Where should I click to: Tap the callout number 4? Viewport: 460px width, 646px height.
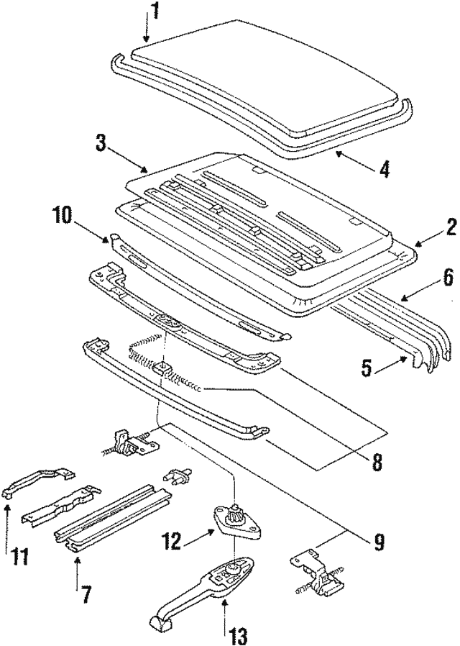click(x=385, y=170)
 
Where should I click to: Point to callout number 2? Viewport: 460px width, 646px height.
click(x=449, y=228)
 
